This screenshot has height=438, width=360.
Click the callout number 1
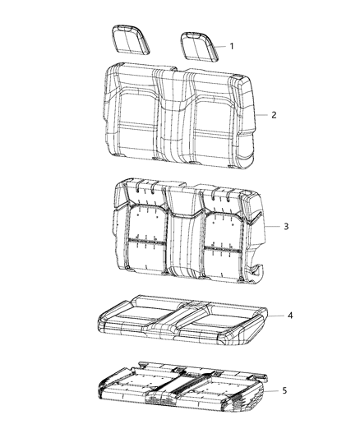pos(232,46)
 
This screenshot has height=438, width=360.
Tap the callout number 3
pos(284,224)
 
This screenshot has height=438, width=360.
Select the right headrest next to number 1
pos(196,44)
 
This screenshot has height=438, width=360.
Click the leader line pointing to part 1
pos(219,46)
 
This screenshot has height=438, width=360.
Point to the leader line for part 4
pos(275,316)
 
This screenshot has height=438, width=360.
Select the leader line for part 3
pos(272,224)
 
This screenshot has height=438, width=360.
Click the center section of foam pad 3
pos(180,234)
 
